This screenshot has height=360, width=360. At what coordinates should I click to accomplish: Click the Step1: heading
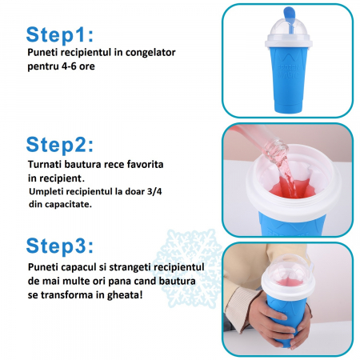click(60, 34)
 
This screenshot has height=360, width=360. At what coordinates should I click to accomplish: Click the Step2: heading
click(60, 144)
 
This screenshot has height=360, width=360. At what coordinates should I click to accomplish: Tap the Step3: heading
click(60, 246)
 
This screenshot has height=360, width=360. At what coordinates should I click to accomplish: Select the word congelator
click(150, 53)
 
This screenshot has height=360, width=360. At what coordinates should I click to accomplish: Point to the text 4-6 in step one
click(69, 66)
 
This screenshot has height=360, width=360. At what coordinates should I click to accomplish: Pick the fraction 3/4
click(154, 191)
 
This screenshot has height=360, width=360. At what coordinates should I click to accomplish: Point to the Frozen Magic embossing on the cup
click(288, 71)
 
